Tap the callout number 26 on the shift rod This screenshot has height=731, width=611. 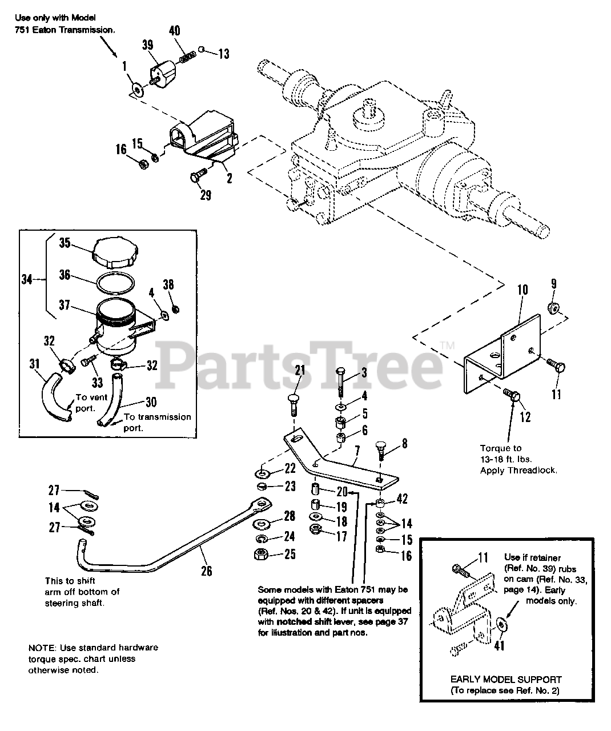pyautogui.click(x=206, y=569)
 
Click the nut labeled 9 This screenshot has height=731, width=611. pyautogui.click(x=553, y=308)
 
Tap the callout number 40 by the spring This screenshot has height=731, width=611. pyautogui.click(x=175, y=31)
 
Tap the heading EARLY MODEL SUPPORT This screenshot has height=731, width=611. pyautogui.click(x=506, y=680)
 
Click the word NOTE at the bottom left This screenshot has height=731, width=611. pyautogui.click(x=40, y=648)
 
